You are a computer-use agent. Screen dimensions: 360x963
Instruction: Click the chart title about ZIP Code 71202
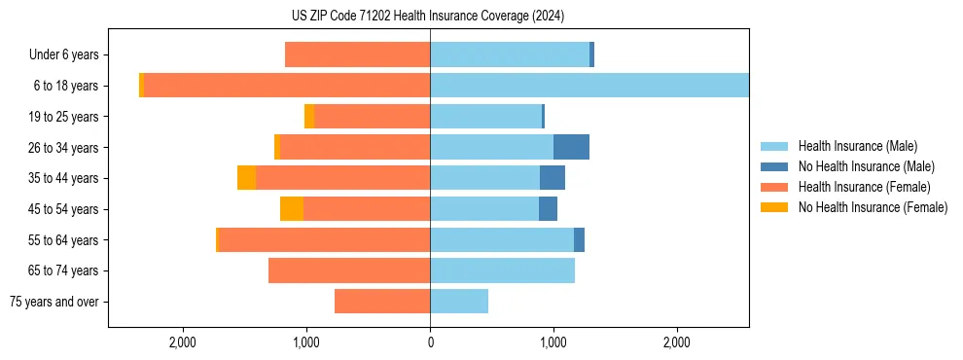(428, 17)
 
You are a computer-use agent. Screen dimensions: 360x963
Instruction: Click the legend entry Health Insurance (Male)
(857, 146)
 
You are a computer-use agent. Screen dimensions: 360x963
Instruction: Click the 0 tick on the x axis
(430, 342)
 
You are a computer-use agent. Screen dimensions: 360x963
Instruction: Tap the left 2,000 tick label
(183, 342)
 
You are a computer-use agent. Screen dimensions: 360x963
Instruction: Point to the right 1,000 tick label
(553, 342)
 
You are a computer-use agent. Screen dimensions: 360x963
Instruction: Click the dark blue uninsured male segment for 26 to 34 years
(571, 147)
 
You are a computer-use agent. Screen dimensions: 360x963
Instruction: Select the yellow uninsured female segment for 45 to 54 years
(292, 209)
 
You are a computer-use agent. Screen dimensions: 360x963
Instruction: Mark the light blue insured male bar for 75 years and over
(459, 302)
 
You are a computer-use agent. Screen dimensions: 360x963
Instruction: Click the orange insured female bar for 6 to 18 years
(287, 86)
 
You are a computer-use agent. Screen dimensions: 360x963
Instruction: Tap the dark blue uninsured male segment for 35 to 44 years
(553, 178)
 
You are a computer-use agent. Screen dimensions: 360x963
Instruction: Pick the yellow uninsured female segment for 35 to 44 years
(247, 178)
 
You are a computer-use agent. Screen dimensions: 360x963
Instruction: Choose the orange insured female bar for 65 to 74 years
(349, 270)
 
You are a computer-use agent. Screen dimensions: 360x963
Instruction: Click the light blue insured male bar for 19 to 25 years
(485, 117)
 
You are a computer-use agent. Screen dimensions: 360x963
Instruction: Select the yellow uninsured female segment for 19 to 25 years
(309, 117)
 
